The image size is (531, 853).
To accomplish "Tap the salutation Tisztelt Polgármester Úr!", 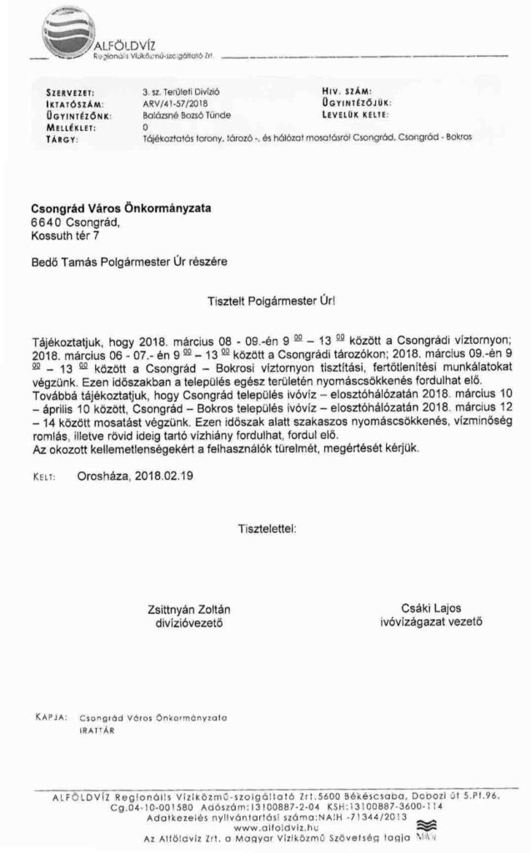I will tap(265, 296).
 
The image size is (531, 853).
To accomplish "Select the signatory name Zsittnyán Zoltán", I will tap(187, 609).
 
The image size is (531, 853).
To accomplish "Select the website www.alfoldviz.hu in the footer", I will tap(266, 828).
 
